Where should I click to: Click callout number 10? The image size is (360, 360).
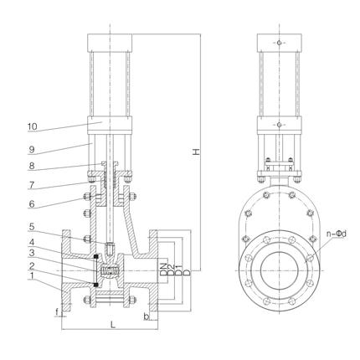coord(32,126)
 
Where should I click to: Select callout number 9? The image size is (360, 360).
coord(32,150)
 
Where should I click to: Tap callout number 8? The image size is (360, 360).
coord(32,166)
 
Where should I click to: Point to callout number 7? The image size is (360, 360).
coord(32,185)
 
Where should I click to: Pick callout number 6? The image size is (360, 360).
coord(32,204)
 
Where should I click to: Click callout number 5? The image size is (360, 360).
coord(32,227)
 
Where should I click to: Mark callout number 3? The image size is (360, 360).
coord(32,253)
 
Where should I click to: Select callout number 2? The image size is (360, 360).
coord(32,265)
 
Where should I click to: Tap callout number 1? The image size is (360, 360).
coord(32,276)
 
